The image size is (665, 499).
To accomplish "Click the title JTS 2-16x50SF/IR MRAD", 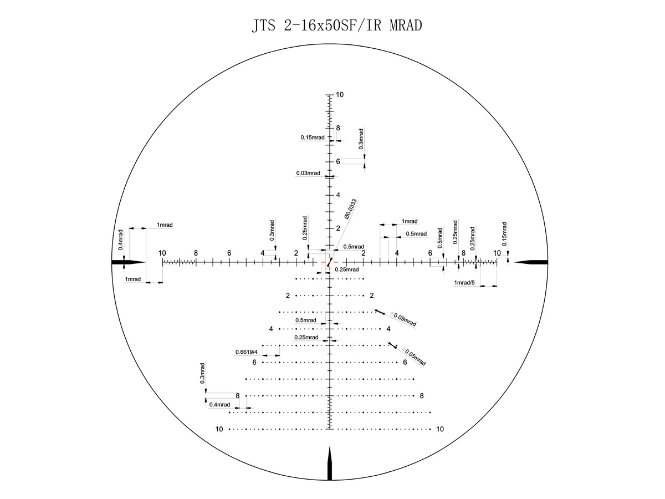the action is click(337, 25).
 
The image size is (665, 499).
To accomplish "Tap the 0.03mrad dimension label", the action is click(308, 173).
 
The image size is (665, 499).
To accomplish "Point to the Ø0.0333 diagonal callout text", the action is click(351, 209).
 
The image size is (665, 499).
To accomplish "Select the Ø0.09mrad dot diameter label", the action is click(403, 319).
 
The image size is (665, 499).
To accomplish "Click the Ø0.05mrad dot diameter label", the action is click(414, 357).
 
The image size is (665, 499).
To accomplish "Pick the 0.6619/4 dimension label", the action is click(246, 352).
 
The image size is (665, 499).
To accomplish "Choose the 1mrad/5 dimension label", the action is click(464, 283).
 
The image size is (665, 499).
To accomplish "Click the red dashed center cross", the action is click(329, 262).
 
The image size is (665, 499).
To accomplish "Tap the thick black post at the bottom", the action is click(330, 464).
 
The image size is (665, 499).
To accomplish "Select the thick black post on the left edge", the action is click(129, 262).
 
